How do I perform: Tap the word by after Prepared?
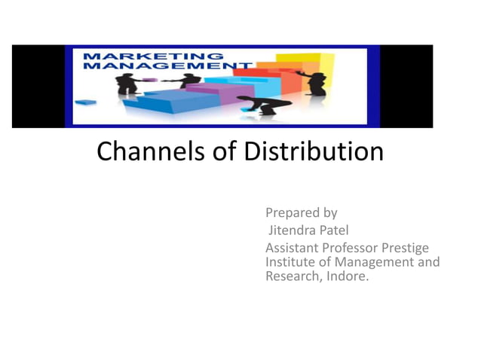[329, 213]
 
